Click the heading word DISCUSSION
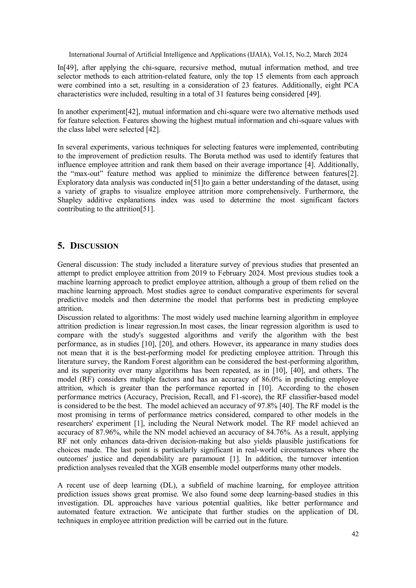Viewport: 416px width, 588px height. pos(94,246)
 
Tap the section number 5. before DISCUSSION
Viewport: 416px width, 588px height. pos(61,246)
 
